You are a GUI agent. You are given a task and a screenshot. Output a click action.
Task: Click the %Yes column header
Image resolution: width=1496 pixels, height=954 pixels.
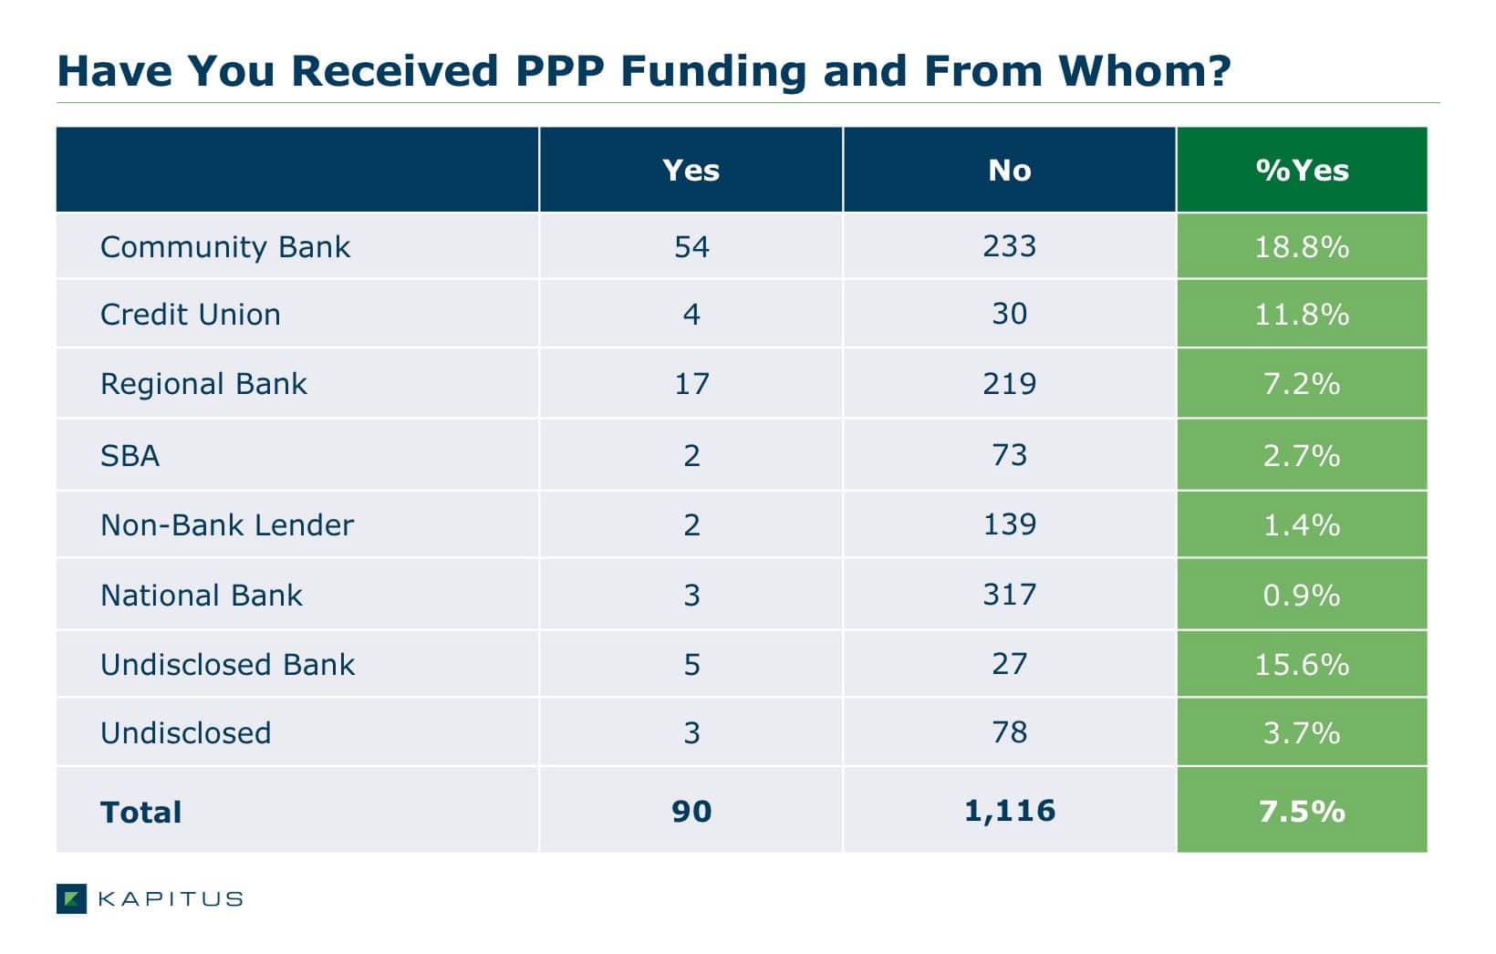(x=1303, y=171)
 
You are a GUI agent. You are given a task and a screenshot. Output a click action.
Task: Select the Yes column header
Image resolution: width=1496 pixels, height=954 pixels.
(x=691, y=171)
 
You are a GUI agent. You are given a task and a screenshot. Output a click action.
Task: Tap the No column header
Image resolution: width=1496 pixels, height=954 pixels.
(x=1010, y=171)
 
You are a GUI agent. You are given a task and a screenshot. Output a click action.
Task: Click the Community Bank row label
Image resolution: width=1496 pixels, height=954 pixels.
(x=225, y=247)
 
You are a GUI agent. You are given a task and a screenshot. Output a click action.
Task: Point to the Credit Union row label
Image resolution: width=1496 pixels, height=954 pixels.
(x=191, y=315)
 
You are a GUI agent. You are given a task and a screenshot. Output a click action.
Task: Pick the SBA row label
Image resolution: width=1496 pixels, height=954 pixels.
(x=130, y=456)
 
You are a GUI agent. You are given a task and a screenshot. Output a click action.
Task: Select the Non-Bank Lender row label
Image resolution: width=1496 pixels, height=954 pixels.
(x=227, y=525)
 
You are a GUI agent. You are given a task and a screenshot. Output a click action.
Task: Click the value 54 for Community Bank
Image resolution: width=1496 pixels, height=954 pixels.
(x=691, y=247)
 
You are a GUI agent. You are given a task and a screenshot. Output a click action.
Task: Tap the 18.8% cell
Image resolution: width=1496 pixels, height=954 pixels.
(x=1303, y=247)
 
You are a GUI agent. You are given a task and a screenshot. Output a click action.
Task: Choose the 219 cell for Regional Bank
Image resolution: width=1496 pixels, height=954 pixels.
(x=1010, y=384)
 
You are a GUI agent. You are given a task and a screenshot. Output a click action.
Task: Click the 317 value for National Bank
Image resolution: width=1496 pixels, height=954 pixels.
(x=1010, y=594)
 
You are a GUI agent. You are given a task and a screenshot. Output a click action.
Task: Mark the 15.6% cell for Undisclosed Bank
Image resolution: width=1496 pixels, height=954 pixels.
(x=1303, y=664)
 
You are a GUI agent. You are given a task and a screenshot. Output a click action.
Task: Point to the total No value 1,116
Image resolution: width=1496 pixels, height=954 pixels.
(x=1010, y=811)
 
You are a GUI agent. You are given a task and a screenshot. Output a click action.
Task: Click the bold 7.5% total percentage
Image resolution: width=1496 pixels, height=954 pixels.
(x=1303, y=812)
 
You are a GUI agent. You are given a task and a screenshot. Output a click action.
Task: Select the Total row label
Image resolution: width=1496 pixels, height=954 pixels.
(x=140, y=813)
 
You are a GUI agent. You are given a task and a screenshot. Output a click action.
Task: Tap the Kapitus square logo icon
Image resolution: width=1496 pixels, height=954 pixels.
(x=71, y=898)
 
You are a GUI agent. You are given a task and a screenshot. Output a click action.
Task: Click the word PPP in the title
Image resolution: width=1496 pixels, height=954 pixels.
(x=560, y=71)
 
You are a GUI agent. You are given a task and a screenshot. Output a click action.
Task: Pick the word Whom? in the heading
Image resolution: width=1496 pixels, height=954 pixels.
(x=1145, y=71)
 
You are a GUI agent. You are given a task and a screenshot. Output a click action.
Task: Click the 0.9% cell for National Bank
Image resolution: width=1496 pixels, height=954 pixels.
(x=1303, y=595)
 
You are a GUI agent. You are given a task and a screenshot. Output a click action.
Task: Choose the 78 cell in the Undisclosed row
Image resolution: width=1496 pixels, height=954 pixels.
(x=1010, y=732)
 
